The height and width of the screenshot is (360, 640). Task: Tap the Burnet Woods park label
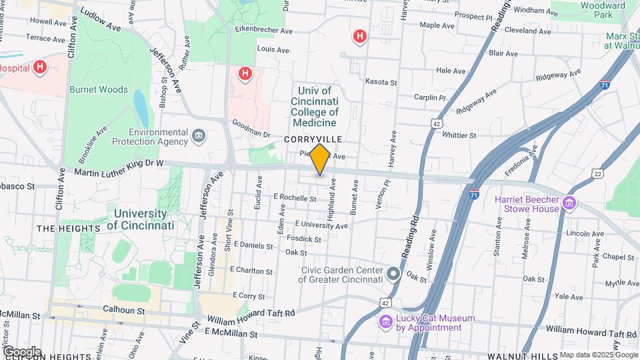98,89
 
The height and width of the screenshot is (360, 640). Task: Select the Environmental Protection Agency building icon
198,137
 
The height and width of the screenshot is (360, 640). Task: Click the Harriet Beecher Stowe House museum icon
569,203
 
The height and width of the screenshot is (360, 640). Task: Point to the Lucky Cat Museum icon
385,323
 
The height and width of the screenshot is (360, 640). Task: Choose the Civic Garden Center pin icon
394,275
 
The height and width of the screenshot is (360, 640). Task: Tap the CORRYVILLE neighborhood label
313,139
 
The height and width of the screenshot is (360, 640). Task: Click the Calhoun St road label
123,310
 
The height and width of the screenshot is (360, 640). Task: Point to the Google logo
21,351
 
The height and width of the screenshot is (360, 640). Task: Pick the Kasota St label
381,82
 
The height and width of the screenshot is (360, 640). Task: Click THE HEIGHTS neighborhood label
68,228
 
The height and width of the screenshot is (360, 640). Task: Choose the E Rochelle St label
295,198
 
